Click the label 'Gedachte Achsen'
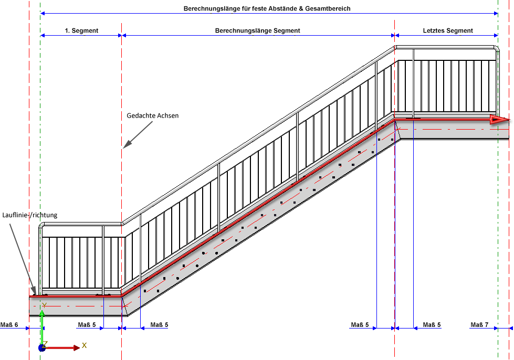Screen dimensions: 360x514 pos(153,115)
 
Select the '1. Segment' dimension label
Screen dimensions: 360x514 pos(81,31)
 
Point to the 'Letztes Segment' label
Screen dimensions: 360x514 pos(448,31)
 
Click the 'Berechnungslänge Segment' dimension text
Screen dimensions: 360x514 pos(257,31)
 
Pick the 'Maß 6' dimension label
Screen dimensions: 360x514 pos(9,325)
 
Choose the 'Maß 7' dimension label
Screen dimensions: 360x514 pos(479,325)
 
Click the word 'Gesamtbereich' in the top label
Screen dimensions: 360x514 pos(330,9)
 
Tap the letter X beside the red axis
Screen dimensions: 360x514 pos(84,346)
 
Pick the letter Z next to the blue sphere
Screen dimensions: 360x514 pos(46,343)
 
